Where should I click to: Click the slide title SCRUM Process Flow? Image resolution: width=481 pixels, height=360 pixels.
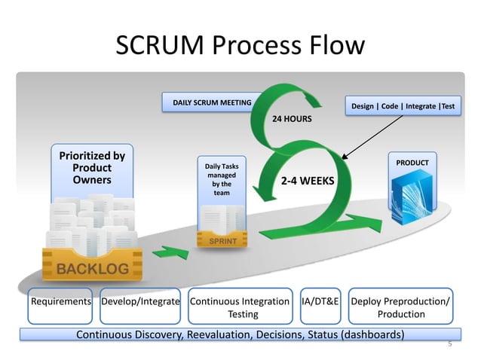click(x=240, y=47)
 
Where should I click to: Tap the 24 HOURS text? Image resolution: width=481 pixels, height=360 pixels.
click(x=292, y=119)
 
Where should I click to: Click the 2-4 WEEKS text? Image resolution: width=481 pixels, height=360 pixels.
click(x=308, y=182)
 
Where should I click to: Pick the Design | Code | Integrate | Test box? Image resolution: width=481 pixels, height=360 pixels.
click(x=403, y=107)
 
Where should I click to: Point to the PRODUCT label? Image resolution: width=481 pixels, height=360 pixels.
click(x=412, y=163)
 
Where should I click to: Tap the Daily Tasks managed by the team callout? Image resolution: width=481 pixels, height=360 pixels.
click(x=222, y=179)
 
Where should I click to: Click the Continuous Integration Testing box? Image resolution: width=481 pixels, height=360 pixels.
click(x=240, y=307)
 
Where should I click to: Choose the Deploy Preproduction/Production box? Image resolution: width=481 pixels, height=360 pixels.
click(x=400, y=307)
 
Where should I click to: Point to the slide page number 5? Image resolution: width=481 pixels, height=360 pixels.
click(x=449, y=344)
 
